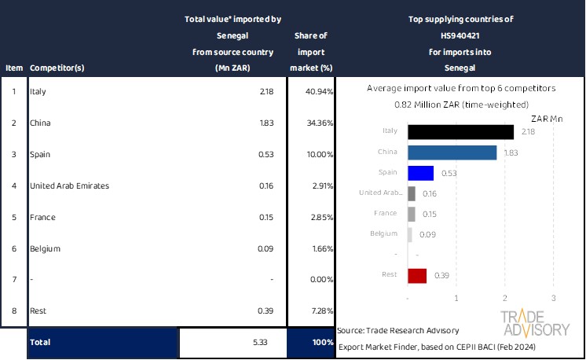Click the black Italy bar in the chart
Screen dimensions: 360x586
pyautogui.click(x=460, y=132)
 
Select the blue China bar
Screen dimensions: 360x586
pyautogui.click(x=452, y=152)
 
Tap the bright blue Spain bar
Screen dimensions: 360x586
pyautogui.click(x=420, y=173)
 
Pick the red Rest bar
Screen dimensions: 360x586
pyautogui.click(x=417, y=275)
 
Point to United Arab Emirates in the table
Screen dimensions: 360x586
pyautogui.click(x=69, y=186)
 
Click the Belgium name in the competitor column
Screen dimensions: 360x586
pyautogui.click(x=45, y=249)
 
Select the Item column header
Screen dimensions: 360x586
pyautogui.click(x=13, y=68)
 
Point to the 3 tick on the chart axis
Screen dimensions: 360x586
pyautogui.click(x=554, y=299)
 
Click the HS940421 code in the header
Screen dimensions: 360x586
pyautogui.click(x=461, y=36)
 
